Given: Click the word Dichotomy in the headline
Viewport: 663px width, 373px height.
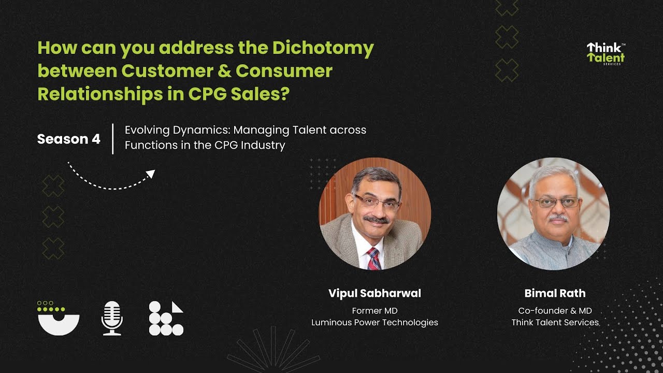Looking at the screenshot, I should point(323,48).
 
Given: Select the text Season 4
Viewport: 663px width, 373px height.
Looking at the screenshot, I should point(69,139).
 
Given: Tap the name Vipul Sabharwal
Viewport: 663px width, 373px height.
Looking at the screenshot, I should point(374,293).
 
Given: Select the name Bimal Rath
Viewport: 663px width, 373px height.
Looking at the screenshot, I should point(555,293).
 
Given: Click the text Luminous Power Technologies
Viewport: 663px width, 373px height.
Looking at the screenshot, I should point(374,322).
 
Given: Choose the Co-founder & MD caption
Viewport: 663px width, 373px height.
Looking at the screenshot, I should point(555,311).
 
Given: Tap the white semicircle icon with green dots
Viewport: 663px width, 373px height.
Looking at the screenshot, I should point(59,318).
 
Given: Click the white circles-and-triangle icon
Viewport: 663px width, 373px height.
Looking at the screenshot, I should point(166,318).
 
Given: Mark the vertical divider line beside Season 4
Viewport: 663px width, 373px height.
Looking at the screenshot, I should point(112,139).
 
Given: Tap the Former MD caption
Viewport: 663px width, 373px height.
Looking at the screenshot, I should point(374,311).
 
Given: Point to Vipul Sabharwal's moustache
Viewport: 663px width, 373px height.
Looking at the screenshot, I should point(376,220).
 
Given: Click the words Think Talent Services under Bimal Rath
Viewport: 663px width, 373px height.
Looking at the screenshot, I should point(555,322).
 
